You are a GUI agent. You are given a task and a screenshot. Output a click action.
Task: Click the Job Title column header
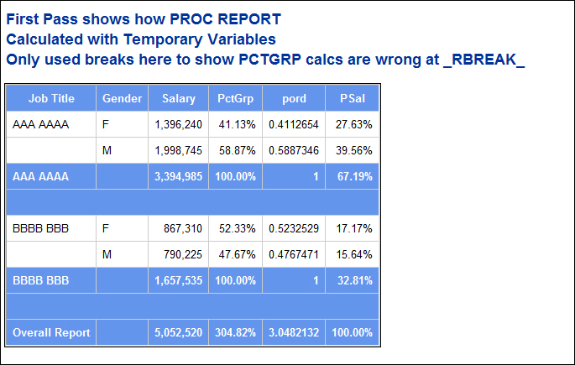51,98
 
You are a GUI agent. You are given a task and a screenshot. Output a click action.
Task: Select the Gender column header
122,98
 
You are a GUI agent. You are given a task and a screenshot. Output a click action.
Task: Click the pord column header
294,98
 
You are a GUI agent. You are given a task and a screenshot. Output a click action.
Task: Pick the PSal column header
352,98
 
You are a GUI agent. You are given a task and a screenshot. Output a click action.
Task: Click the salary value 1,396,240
179,124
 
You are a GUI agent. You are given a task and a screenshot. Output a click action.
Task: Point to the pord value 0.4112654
294,124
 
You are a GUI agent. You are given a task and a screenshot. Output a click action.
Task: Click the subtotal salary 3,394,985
179,176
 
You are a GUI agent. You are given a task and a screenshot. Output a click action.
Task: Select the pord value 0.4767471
294,254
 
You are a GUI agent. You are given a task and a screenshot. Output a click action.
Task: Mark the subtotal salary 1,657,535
179,280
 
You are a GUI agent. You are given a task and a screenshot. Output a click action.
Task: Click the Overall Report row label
51,332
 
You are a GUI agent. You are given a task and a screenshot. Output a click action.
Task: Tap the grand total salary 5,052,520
179,332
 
